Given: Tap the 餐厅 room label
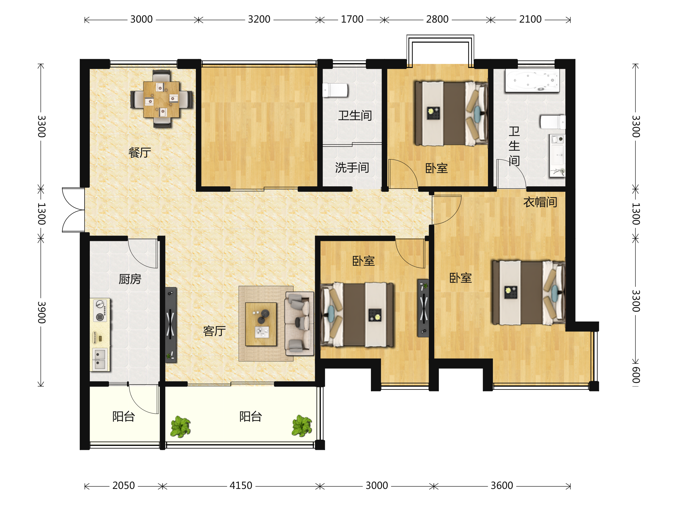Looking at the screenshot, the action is (140, 152).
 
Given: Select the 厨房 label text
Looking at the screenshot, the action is (130, 279).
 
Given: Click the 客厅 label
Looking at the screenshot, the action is (214, 331).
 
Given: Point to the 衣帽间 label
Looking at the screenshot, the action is (540, 202).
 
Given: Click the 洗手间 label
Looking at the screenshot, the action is (352, 167).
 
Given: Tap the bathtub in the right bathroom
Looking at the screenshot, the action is (532, 80).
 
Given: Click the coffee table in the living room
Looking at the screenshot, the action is (261, 324).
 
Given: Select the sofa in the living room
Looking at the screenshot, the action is (300, 324).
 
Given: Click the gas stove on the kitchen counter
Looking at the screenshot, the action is (100, 310).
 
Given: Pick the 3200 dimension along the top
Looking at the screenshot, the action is (259, 19).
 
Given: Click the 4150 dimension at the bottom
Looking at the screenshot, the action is (241, 486).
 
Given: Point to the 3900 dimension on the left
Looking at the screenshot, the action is (41, 312).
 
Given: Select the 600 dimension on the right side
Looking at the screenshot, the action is (636, 375).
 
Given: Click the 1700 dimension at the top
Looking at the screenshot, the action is (352, 19).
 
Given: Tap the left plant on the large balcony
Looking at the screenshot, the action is (181, 426).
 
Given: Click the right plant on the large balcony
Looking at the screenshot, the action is (302, 426).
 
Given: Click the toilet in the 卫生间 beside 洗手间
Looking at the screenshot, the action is (335, 90).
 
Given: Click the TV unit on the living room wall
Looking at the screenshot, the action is (171, 325).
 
